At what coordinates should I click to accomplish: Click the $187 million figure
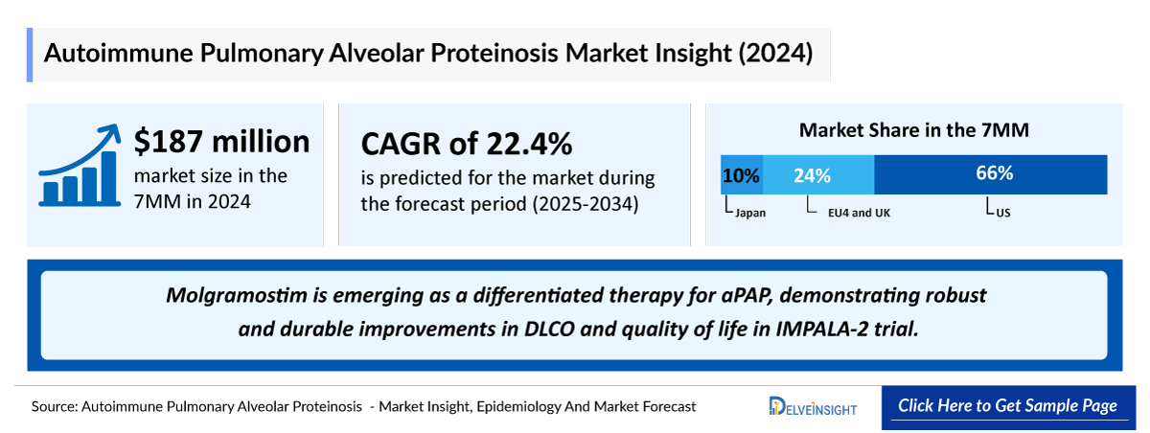point(221,142)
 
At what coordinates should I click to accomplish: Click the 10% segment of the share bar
point(741,175)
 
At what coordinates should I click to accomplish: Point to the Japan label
point(749,213)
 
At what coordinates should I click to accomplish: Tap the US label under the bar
point(1002,213)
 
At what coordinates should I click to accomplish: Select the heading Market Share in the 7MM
point(914,130)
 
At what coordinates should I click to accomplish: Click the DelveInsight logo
point(813,407)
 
